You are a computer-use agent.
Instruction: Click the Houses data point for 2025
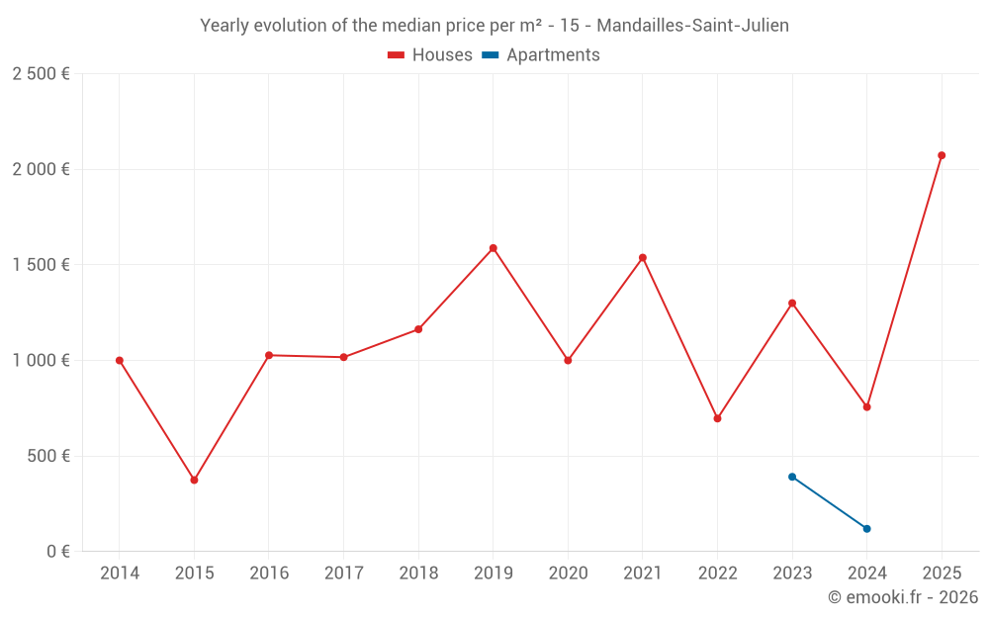click(x=942, y=155)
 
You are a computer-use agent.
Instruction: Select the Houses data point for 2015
click(x=194, y=480)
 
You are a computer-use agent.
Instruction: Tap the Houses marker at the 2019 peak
click(x=493, y=248)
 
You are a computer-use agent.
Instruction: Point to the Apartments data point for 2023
click(x=792, y=477)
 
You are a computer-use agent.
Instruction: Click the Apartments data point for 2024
click(x=866, y=529)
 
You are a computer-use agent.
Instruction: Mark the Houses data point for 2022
click(x=717, y=418)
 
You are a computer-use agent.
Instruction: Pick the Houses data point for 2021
click(x=643, y=258)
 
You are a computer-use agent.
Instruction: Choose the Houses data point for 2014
click(x=120, y=360)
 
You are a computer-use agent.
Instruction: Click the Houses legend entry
click(x=430, y=55)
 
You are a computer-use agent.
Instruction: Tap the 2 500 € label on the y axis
click(x=41, y=74)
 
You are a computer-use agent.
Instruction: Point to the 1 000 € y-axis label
click(x=41, y=361)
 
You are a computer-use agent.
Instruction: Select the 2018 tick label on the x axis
click(x=418, y=574)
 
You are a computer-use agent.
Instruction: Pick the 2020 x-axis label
click(x=568, y=574)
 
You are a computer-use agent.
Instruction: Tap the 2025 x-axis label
click(x=942, y=574)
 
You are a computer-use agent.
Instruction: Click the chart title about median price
click(x=494, y=26)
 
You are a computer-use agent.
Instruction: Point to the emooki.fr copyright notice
click(x=902, y=597)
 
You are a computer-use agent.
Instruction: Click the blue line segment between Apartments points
click(x=830, y=502)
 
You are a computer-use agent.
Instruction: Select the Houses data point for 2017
click(x=343, y=357)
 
